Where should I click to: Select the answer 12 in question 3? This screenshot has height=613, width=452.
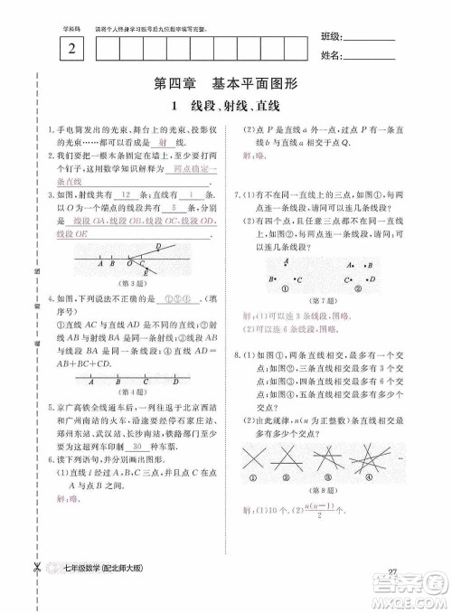126,194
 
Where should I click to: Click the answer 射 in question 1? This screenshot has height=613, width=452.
161,143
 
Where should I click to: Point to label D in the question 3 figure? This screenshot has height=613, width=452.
159,247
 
